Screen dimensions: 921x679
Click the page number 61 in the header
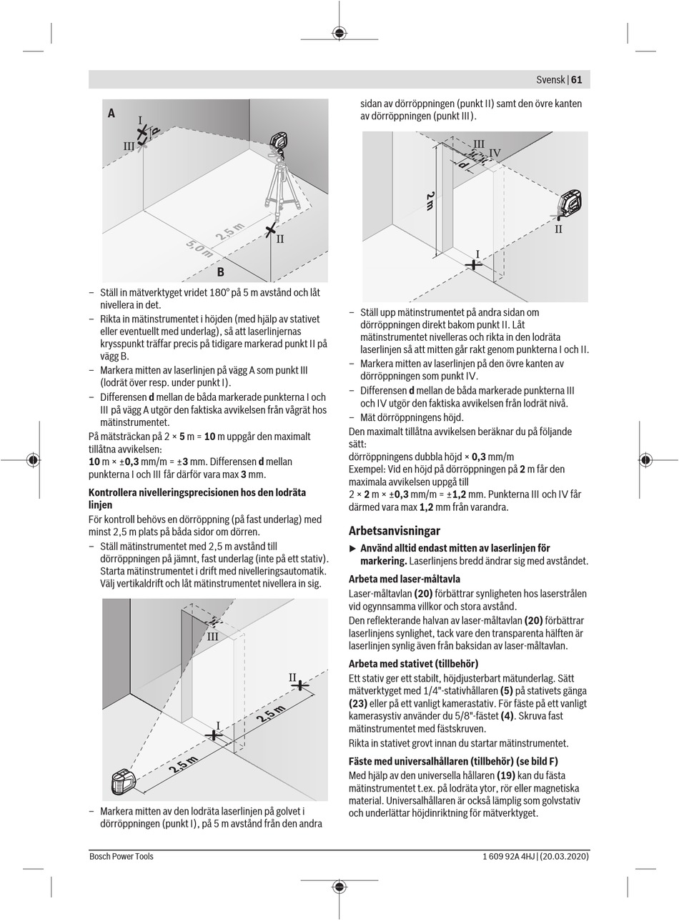tap(576, 80)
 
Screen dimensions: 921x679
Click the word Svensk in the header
tap(550, 80)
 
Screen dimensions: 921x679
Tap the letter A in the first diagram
tap(111, 113)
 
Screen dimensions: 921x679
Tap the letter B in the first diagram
tap(221, 272)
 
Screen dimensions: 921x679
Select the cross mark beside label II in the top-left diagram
tap(270, 230)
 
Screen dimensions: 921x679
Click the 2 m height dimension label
tap(430, 201)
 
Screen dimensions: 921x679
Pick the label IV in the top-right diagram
tap(495, 153)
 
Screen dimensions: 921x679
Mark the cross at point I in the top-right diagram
tap(473, 264)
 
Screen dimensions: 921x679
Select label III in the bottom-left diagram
tap(213, 637)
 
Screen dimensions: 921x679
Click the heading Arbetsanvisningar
tap(395, 531)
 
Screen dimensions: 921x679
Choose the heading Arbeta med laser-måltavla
tap(405, 579)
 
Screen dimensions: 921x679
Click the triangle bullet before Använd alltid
tap(352, 548)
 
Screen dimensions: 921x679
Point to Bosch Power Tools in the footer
tap(122, 856)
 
